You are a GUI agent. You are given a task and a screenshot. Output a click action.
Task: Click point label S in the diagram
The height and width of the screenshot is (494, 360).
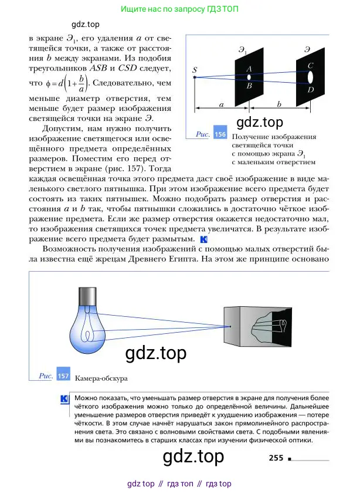pyautogui.click(x=195, y=71)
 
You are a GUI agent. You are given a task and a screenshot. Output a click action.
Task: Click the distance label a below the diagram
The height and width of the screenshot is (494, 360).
pyautogui.click(x=222, y=104)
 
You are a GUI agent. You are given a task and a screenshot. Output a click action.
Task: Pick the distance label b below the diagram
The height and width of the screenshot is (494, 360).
pyautogui.click(x=279, y=104)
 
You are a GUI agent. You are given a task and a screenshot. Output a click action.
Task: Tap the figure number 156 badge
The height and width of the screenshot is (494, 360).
pyautogui.click(x=220, y=134)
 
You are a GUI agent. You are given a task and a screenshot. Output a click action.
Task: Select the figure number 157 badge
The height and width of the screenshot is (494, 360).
pyautogui.click(x=63, y=375)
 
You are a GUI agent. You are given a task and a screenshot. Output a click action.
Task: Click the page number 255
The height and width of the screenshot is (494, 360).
pyautogui.click(x=276, y=458)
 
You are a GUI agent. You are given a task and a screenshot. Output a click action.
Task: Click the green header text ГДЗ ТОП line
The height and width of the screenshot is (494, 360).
pyautogui.click(x=179, y=9)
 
